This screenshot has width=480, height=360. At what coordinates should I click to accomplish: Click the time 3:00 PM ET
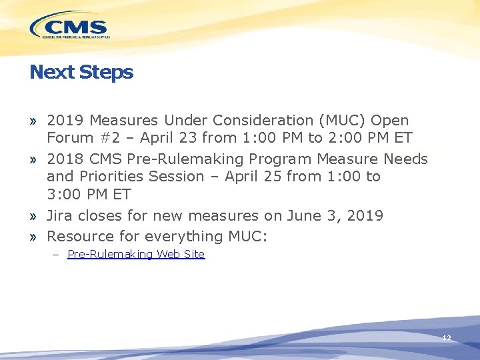click(89, 195)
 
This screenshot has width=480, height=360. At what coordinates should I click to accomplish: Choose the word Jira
click(60, 216)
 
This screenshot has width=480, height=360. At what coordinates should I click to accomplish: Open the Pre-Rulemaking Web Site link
click(136, 255)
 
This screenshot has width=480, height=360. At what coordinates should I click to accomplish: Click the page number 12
click(447, 338)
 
